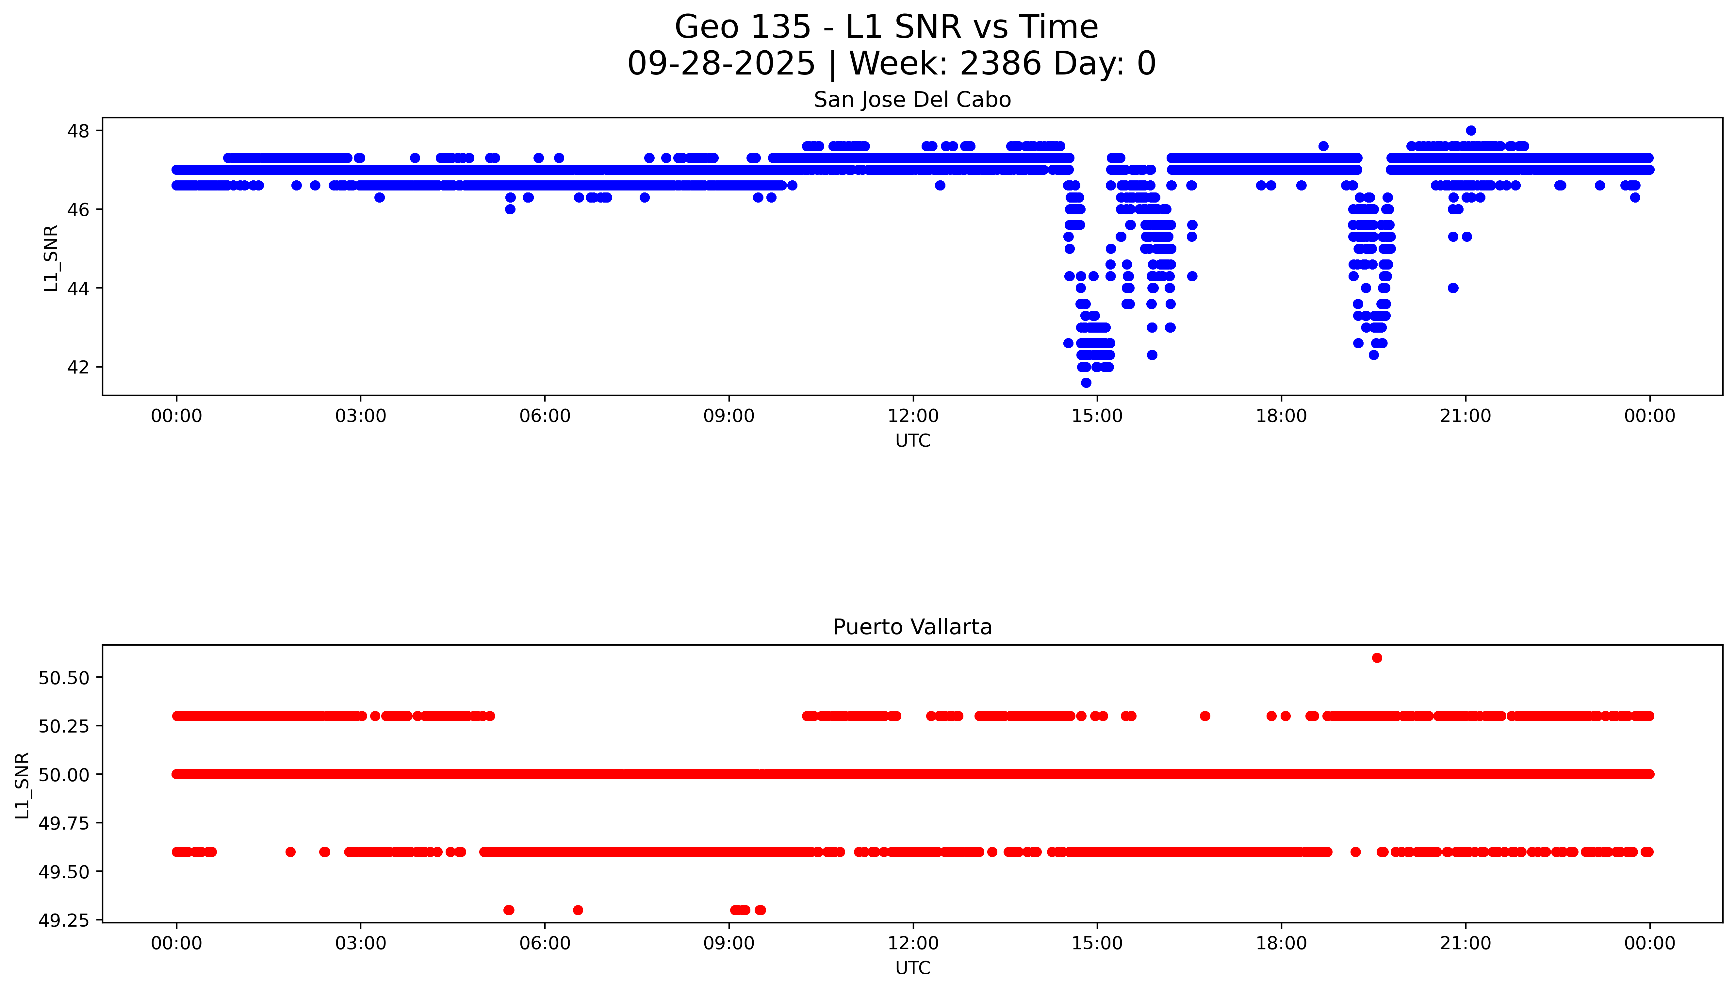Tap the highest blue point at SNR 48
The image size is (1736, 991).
pyautogui.click(x=1471, y=131)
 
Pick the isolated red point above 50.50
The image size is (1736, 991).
pyautogui.click(x=1377, y=657)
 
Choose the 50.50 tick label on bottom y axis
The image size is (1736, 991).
pyautogui.click(x=64, y=678)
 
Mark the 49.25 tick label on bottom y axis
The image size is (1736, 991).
pyautogui.click(x=64, y=920)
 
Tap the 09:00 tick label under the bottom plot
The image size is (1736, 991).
pyautogui.click(x=729, y=943)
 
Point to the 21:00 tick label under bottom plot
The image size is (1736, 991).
pyautogui.click(x=1465, y=943)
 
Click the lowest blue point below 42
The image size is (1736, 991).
pyautogui.click(x=1086, y=383)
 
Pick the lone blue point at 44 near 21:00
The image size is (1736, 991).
pyautogui.click(x=1453, y=288)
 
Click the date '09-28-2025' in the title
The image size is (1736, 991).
pyautogui.click(x=721, y=64)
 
